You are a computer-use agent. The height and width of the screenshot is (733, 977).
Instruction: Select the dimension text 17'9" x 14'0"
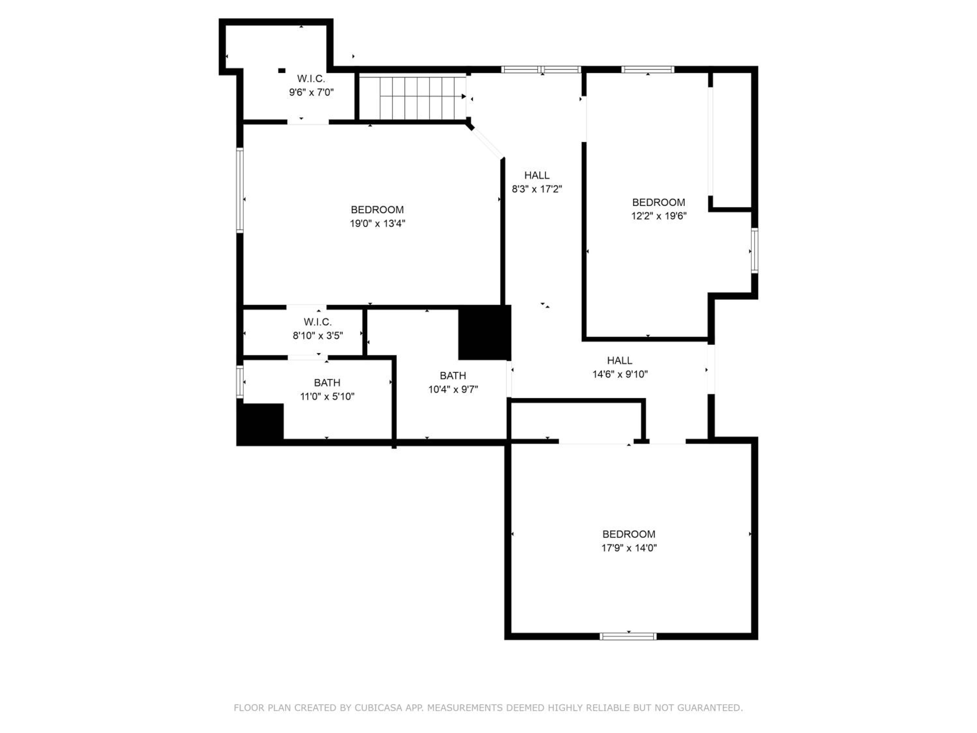point(629,548)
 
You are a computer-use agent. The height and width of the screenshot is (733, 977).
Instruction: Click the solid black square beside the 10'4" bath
point(485,332)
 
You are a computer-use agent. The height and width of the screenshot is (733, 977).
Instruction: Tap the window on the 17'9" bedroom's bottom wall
point(628,636)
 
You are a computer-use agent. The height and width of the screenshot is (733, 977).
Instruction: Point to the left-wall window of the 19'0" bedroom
point(240,191)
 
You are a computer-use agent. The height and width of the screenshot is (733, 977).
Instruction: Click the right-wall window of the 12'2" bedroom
point(755,251)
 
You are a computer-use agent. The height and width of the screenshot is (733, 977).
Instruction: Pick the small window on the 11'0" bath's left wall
point(240,382)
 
